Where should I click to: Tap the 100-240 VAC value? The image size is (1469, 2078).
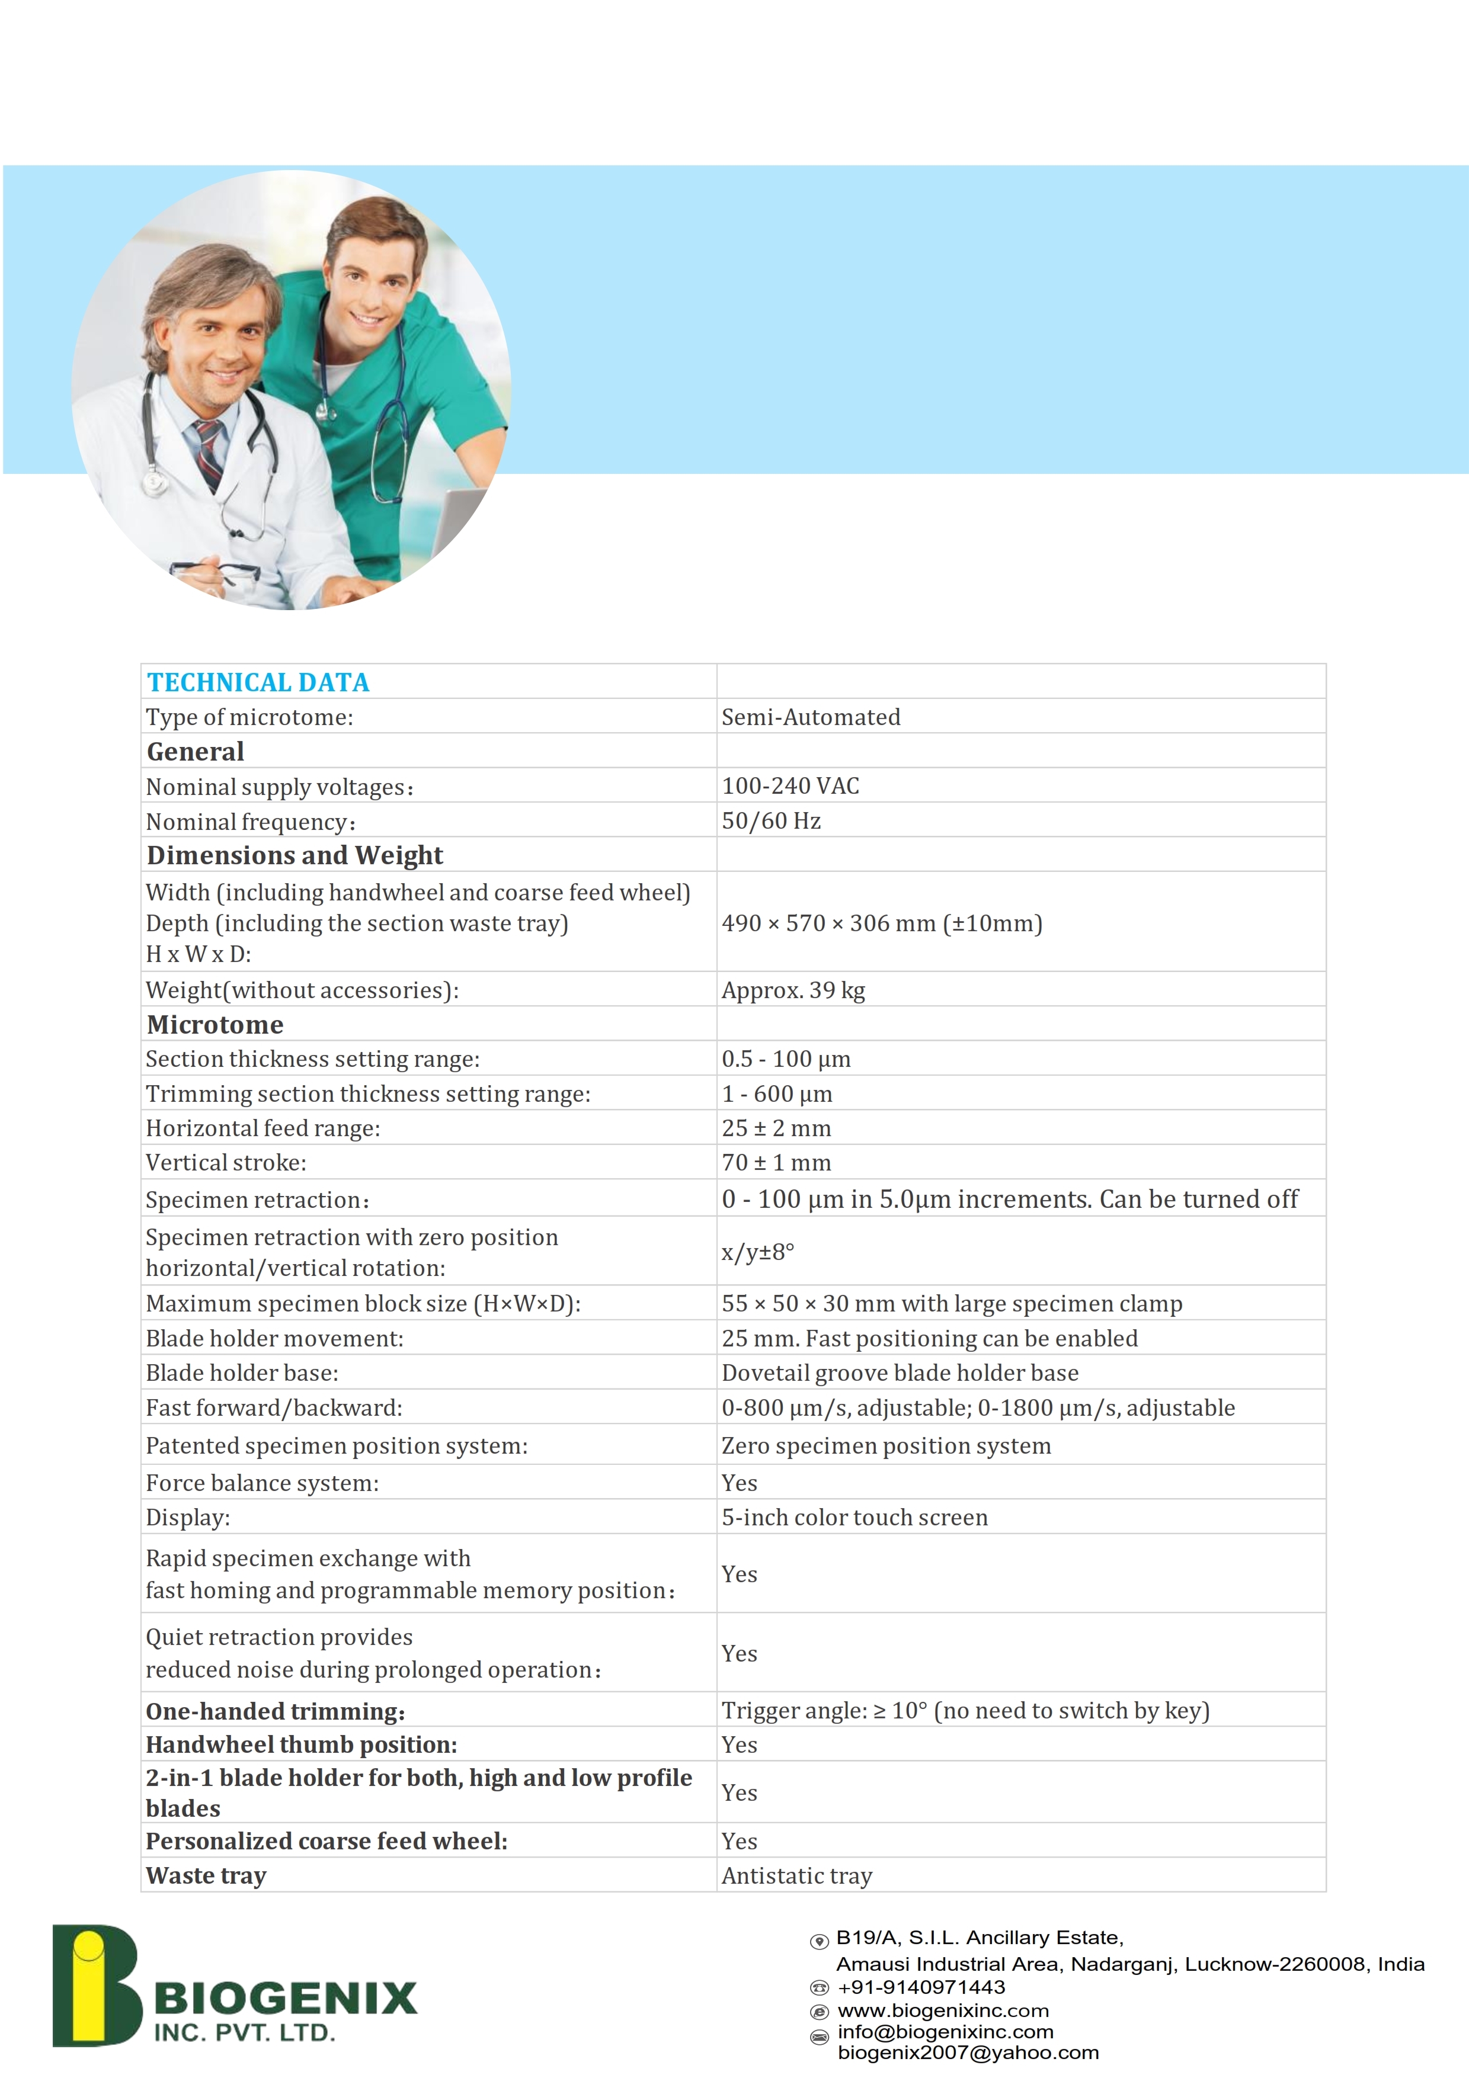790,785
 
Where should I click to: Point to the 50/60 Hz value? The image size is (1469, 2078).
770,821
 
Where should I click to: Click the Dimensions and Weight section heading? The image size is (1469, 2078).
295,855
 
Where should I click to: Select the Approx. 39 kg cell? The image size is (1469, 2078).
793,990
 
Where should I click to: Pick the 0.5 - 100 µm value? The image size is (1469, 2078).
786,1059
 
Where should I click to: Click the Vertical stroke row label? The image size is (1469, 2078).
226,1162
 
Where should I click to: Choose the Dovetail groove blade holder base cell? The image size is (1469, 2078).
900,1373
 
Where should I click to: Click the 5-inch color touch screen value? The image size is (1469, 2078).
854,1517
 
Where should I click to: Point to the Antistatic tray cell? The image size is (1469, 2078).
796,1875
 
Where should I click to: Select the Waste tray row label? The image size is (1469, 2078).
206,1875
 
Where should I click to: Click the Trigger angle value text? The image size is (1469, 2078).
965,1711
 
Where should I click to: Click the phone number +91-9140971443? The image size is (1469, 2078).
921,1987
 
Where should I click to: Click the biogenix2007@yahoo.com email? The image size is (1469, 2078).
968,2053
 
